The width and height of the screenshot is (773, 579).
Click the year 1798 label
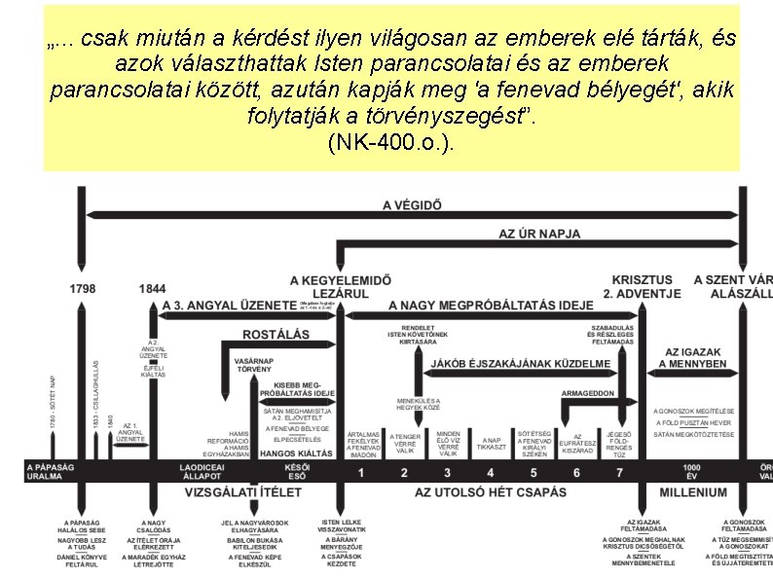82,288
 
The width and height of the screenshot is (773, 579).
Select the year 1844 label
152,288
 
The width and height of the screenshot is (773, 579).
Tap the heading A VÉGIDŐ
412,205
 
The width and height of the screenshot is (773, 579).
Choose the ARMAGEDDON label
587,393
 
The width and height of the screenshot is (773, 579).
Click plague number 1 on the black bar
360,473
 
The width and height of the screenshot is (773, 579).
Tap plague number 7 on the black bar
619,473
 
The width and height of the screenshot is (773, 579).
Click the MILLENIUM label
692,492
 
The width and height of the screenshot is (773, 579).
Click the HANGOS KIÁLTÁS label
296,453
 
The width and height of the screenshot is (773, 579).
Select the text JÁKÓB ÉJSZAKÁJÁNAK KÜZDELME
521,364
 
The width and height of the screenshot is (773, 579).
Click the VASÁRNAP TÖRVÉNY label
254,365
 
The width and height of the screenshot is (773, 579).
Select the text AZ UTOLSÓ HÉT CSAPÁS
490,492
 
